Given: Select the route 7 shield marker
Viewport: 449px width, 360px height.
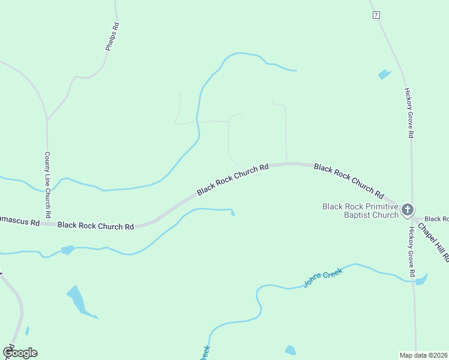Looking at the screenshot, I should coord(376,15).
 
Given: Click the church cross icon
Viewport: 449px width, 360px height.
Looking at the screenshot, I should coord(408,209).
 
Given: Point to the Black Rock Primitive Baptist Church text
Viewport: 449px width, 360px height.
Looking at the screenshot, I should coord(360,211).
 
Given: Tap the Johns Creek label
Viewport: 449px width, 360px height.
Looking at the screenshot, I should coord(323,277).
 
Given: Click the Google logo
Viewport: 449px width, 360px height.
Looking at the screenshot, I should coord(20,353).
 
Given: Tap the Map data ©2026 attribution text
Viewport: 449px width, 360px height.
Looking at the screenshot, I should coord(423,355).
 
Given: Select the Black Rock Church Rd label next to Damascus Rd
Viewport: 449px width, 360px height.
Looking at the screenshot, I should coord(95,226).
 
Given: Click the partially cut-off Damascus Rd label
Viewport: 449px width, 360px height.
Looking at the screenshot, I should coord(19,221).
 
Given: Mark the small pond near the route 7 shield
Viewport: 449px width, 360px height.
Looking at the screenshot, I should coord(384,74).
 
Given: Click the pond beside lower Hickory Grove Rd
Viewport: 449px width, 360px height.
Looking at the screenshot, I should coord(421,279).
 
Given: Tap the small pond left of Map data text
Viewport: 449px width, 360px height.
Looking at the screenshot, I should coord(291,350).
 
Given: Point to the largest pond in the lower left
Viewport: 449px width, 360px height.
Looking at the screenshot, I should coord(77,299).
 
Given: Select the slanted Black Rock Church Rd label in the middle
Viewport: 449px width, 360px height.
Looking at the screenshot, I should coord(232,179).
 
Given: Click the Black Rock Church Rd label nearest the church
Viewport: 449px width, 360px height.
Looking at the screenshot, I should coord(349,181).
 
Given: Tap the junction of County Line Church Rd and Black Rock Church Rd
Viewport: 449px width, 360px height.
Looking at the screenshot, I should coord(47,223).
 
